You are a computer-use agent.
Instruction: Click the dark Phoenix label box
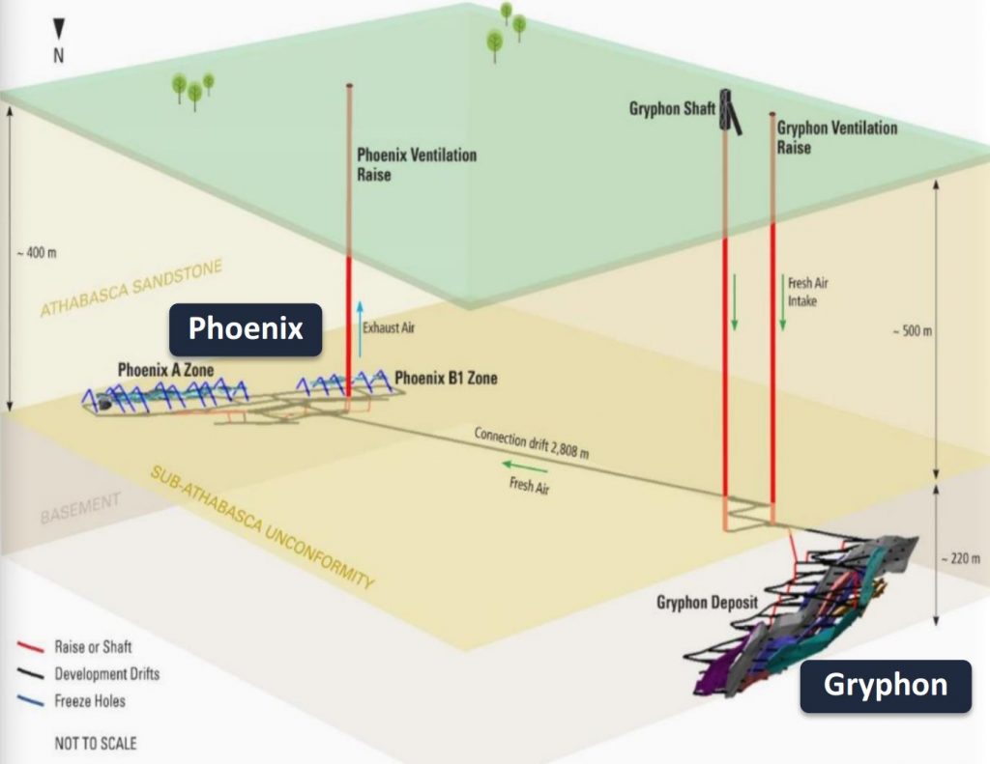[246, 328]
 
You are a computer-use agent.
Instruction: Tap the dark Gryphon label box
[885, 686]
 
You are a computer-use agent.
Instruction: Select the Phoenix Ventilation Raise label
[416, 164]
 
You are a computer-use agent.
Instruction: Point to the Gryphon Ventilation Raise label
[836, 137]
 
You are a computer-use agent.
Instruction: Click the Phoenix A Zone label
[165, 369]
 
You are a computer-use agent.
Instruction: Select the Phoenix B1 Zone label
[446, 378]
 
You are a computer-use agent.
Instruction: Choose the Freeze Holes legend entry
[89, 700]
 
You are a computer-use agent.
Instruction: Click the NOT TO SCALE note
[95, 743]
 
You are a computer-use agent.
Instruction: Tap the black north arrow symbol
[58, 28]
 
